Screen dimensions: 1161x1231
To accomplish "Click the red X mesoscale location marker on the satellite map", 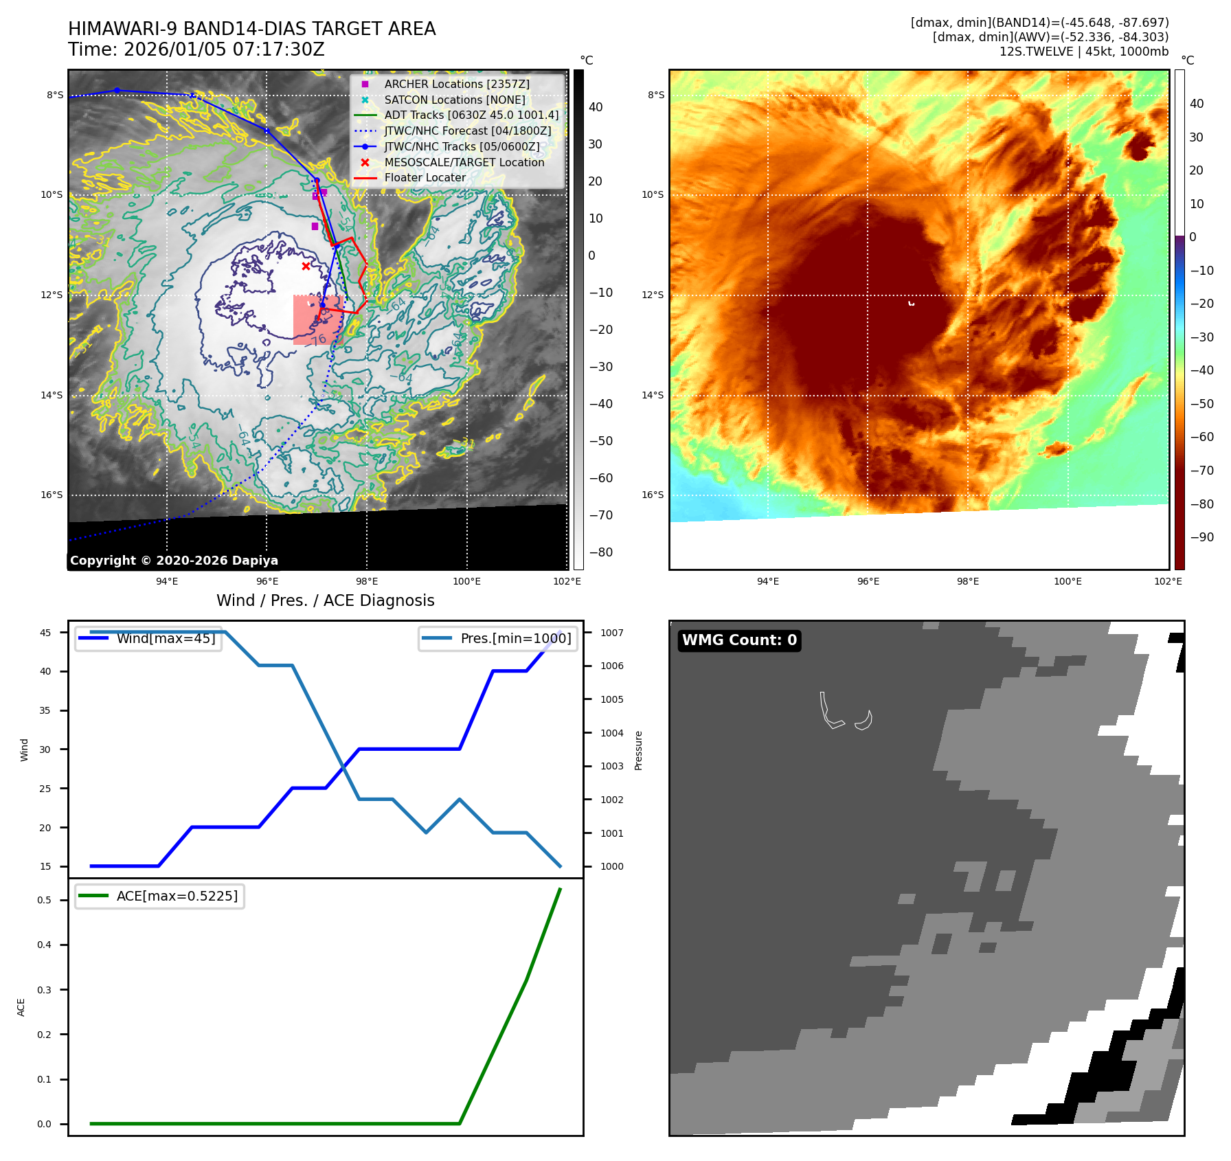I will coord(306,266).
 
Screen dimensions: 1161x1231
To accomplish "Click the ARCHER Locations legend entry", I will coord(456,84).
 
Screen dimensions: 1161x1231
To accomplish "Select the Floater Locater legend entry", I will coord(425,177).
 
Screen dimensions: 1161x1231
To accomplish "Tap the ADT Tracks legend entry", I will coord(471,115).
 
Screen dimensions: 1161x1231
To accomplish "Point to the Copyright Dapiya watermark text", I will coord(174,561).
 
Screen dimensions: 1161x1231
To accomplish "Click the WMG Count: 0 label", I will coord(739,640).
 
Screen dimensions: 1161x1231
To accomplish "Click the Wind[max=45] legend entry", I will coord(166,638).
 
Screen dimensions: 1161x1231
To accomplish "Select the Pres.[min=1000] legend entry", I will coord(515,638).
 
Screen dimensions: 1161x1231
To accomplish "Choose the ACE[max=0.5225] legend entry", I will coord(177,896).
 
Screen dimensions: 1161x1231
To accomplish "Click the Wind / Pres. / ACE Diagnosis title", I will coord(325,600).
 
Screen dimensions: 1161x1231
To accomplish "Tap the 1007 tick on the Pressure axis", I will coord(611,633).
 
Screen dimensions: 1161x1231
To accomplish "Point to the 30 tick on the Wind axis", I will coord(45,749).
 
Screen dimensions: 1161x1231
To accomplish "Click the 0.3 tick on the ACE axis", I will coord(44,990).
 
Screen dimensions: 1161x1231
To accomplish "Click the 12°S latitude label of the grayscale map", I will coord(52,295).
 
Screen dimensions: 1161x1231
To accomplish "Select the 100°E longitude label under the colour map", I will coord(1068,581).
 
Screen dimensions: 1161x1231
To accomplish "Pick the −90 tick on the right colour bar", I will coord(1201,537).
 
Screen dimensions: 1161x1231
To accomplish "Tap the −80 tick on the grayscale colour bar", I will coord(601,552).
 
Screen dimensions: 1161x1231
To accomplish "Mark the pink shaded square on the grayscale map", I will coord(317,319).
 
